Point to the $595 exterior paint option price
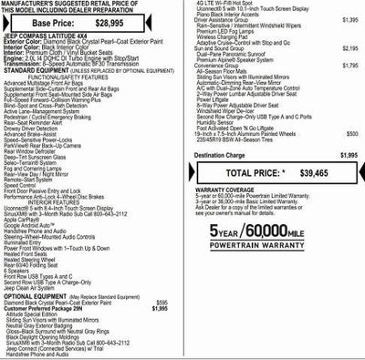[162, 276]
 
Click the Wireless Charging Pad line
[230, 36]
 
